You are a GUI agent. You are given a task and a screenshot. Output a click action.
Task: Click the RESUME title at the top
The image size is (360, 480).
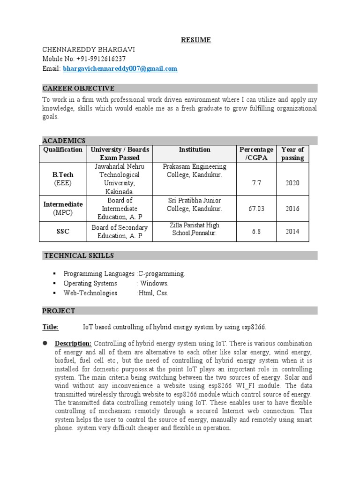coord(196,40)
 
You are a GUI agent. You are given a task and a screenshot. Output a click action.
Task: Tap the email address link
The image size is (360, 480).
coord(120,69)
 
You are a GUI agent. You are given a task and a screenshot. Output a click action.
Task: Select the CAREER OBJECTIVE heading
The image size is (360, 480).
coord(78,88)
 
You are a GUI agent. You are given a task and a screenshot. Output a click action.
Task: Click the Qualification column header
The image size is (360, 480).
coord(63,150)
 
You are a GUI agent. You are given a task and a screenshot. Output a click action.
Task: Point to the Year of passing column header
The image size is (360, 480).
coord(292,154)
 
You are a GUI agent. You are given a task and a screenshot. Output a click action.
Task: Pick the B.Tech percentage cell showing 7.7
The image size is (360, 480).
coord(256,183)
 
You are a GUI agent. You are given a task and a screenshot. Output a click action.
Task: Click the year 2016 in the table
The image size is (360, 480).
coord(292,209)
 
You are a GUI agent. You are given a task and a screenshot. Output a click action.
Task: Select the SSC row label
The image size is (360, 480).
coord(63,232)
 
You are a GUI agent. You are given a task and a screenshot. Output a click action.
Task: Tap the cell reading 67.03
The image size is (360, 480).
coord(256,209)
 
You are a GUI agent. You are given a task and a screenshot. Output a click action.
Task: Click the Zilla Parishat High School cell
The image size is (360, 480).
coord(194,229)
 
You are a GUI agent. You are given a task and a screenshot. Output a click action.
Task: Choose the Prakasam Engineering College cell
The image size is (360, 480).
coord(194,171)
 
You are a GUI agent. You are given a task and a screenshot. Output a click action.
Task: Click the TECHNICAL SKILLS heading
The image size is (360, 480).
coord(79,255)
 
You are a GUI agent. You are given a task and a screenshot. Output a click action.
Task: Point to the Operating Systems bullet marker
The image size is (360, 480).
coord(55,284)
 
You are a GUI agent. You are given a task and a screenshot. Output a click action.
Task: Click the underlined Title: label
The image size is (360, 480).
coord(50,327)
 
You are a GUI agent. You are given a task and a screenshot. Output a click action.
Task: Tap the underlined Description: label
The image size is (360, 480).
coord(74,344)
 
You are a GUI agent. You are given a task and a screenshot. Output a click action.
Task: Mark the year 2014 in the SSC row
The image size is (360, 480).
coord(292,232)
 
